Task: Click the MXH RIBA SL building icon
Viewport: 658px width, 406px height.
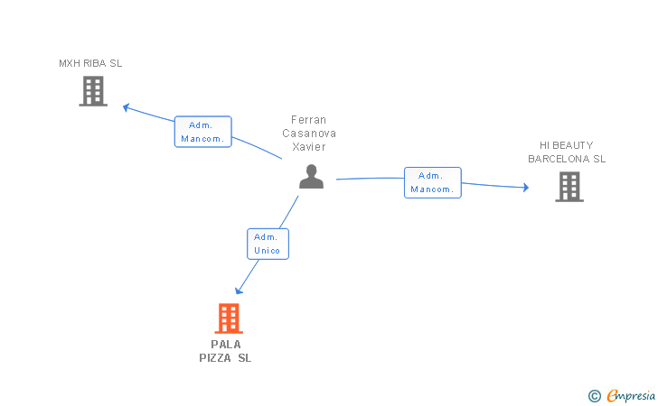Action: pyautogui.click(x=93, y=91)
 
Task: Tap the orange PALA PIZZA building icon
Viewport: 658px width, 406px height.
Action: pyautogui.click(x=229, y=318)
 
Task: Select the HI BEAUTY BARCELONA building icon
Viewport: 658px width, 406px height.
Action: pyautogui.click(x=569, y=187)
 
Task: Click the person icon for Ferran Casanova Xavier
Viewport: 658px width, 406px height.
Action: pyautogui.click(x=311, y=177)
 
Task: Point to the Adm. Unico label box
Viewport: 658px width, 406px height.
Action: pyautogui.click(x=268, y=244)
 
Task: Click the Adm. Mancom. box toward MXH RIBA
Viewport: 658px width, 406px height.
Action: pyautogui.click(x=203, y=132)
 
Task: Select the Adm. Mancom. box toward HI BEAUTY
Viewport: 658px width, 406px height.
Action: pyautogui.click(x=433, y=182)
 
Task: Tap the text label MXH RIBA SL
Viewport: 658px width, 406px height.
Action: pyautogui.click(x=90, y=63)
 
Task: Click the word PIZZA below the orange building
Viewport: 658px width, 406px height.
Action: pyautogui.click(x=215, y=358)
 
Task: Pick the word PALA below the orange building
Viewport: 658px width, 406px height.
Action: pyautogui.click(x=226, y=345)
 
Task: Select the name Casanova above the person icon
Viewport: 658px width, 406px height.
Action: pyautogui.click(x=309, y=134)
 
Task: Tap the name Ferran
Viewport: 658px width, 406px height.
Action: pyautogui.click(x=309, y=120)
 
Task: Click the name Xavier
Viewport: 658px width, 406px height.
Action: pyautogui.click(x=309, y=147)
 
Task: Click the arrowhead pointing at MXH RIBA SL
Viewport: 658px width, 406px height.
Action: pyautogui.click(x=126, y=107)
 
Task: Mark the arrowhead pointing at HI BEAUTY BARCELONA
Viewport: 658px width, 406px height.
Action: pyautogui.click(x=526, y=188)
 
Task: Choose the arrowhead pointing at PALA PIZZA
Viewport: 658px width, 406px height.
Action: pyautogui.click(x=239, y=291)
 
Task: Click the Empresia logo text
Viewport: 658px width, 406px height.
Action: pyautogui.click(x=631, y=395)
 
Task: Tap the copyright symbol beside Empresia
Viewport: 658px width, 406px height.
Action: pyautogui.click(x=594, y=395)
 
